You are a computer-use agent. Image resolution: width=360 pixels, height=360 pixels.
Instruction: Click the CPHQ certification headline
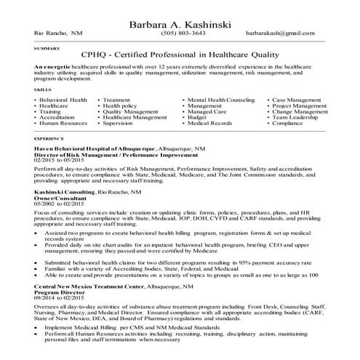pyautogui.click(x=180, y=57)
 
